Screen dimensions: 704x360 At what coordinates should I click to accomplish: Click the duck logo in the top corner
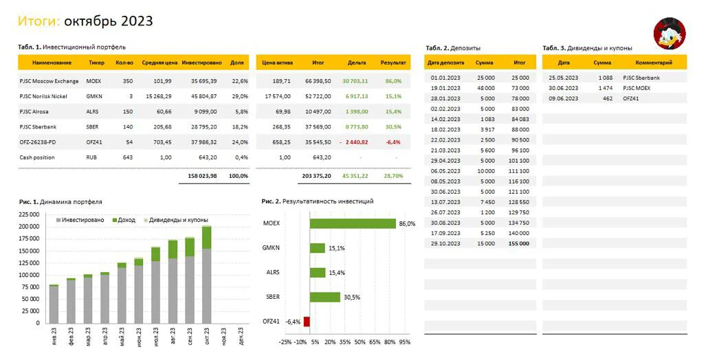670,33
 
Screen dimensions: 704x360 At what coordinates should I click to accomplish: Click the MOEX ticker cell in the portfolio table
93,81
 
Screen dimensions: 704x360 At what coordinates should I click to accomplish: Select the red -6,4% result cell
393,142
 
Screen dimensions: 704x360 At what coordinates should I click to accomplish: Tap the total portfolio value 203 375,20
316,176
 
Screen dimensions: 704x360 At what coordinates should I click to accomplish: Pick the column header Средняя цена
159,63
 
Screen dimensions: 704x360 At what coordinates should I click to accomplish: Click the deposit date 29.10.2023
445,244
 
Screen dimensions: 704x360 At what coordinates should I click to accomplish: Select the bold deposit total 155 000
519,244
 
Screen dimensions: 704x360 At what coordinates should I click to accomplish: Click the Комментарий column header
654,63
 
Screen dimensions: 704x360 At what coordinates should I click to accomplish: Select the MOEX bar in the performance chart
353,223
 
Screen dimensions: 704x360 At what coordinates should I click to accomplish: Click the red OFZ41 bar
307,322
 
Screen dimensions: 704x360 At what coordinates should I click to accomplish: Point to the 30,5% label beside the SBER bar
352,297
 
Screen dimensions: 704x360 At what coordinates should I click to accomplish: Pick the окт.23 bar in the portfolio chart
206,274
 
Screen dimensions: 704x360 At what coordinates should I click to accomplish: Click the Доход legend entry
124,221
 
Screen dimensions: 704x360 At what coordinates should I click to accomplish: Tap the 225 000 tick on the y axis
29,214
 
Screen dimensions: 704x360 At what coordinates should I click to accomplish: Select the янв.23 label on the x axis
54,336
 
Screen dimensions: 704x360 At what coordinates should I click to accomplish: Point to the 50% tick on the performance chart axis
360,342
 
